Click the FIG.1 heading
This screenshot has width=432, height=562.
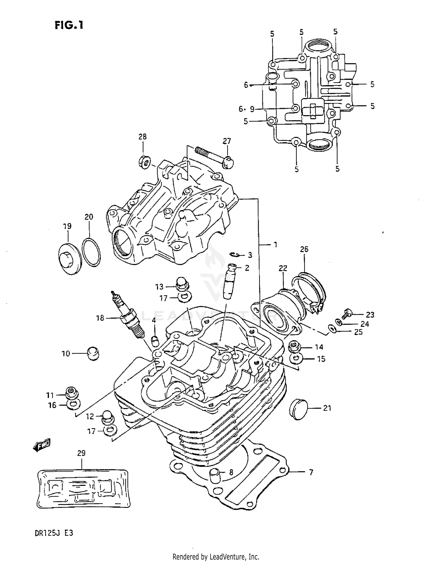click(x=69, y=25)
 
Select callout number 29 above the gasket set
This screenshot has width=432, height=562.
click(x=82, y=453)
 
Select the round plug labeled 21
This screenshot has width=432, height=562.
click(x=298, y=407)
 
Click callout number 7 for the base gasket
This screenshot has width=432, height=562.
click(x=311, y=472)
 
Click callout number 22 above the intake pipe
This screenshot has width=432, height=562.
click(x=283, y=268)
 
